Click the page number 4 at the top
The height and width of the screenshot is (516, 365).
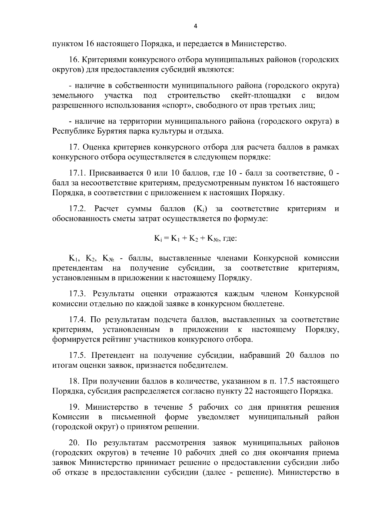(x=196, y=26)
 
